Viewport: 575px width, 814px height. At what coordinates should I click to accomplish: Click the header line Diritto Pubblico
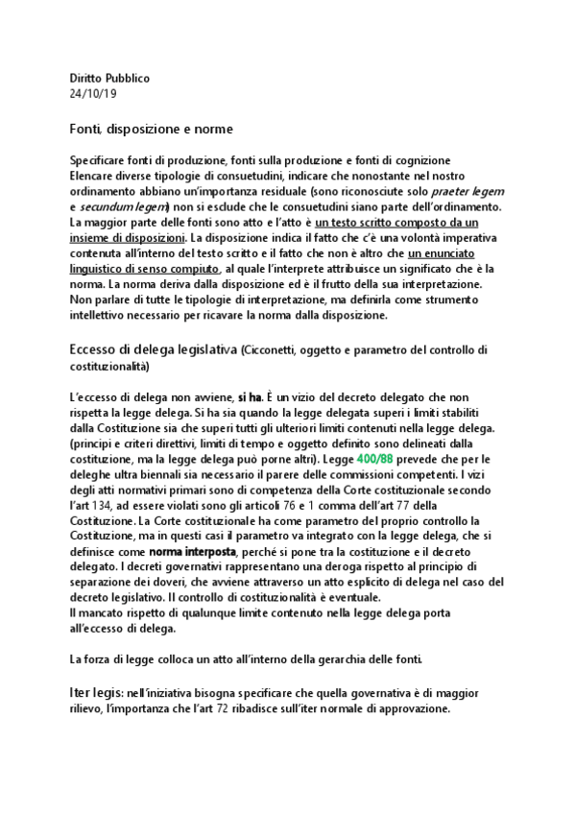(109, 77)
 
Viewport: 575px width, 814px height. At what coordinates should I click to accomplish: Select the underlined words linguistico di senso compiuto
(144, 271)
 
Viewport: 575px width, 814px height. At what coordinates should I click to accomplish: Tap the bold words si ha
(250, 396)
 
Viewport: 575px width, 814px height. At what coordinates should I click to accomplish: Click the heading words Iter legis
(94, 692)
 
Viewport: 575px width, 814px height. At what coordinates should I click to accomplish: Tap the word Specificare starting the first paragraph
(101, 159)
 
